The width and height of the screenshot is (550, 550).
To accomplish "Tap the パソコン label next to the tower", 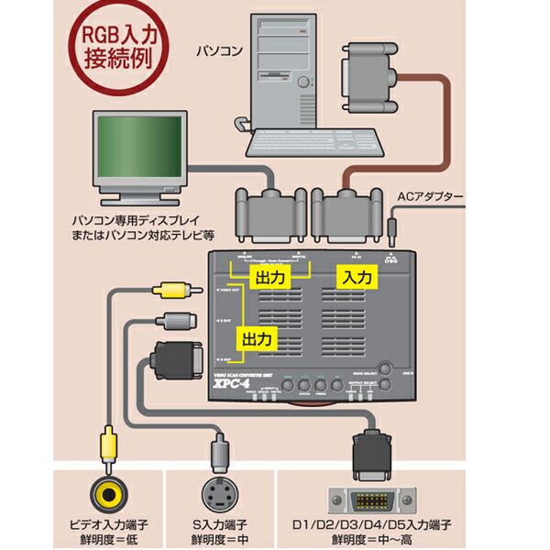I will pyautogui.click(x=220, y=51).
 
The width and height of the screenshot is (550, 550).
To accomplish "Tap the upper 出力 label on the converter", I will pyautogui.click(x=271, y=275).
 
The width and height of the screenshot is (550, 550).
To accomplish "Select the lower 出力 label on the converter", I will pyautogui.click(x=258, y=338).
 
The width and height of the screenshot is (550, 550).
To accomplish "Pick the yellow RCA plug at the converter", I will pyautogui.click(x=172, y=290).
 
